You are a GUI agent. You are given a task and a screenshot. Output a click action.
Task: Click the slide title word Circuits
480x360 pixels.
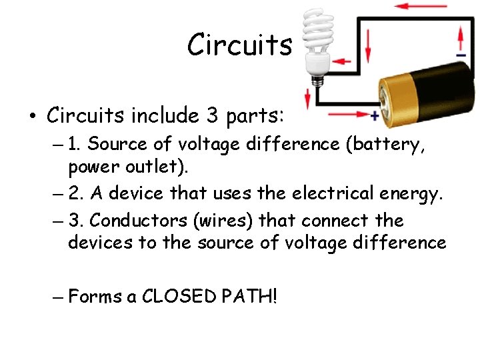tap(239, 45)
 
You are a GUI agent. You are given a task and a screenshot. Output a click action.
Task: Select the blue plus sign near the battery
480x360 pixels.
tap(375, 116)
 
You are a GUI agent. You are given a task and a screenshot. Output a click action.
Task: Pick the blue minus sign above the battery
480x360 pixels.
tap(461, 55)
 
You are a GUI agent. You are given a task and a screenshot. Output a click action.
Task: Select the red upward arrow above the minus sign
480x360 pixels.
tap(459, 33)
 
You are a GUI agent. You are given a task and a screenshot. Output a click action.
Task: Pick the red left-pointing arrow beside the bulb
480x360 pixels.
tap(343, 61)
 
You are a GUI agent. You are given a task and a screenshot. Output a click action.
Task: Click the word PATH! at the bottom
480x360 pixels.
tap(251, 295)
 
